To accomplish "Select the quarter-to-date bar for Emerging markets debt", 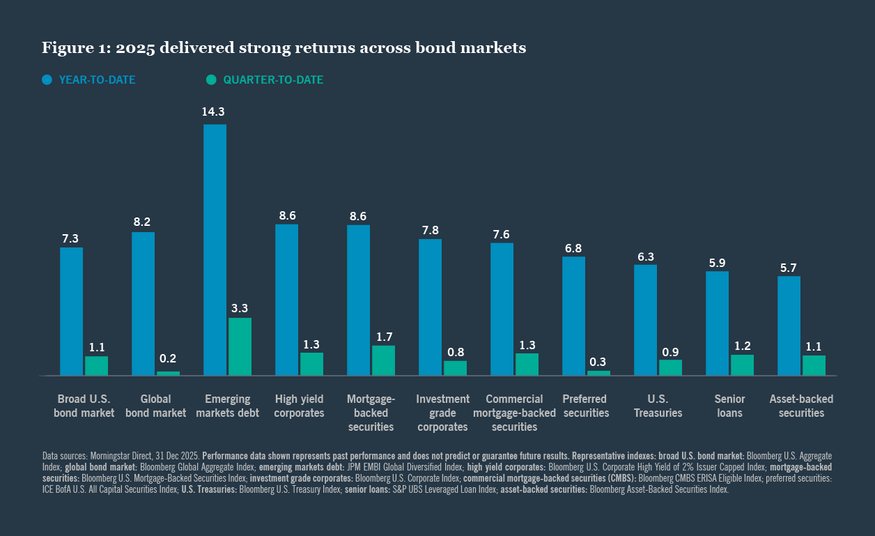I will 240,346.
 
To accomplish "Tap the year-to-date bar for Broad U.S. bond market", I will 71,311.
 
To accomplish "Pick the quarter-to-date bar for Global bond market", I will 168,374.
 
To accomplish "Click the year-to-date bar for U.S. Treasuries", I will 645,320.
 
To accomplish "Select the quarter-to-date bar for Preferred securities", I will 598,373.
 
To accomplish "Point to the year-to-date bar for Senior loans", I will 717,323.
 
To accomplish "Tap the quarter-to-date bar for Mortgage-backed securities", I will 383,360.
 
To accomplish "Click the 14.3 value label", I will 215,112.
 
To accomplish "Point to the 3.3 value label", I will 240,307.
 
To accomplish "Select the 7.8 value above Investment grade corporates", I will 430,229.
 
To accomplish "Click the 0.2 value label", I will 168,359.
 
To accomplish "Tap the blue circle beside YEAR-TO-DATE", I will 47,79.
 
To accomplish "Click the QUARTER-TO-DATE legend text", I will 273,80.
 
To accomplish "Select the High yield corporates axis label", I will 300,406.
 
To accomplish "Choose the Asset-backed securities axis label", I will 801,406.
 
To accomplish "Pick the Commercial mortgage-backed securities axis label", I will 514,413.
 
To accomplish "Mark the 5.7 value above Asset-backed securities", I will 789,266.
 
